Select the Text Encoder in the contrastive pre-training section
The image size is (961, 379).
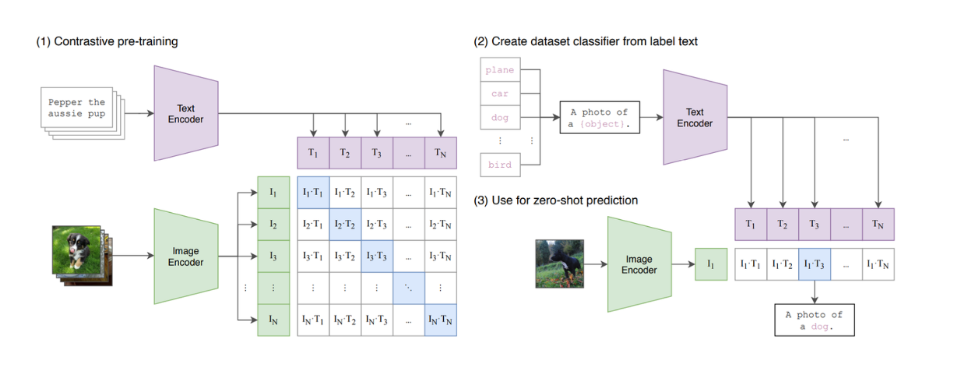click(185, 114)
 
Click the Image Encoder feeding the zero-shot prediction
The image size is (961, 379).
click(639, 264)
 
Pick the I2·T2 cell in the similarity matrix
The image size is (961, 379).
click(345, 224)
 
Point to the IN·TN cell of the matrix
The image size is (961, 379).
click(440, 319)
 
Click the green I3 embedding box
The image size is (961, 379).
click(273, 256)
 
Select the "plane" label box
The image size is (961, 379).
click(500, 70)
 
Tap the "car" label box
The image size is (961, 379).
click(500, 94)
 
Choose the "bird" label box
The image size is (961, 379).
click(500, 165)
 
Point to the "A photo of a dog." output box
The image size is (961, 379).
click(814, 321)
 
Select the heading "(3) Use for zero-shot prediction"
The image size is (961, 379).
click(556, 200)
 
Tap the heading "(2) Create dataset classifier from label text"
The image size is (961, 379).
click(586, 41)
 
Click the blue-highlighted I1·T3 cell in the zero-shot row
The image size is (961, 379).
click(815, 264)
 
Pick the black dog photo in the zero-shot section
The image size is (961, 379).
click(559, 264)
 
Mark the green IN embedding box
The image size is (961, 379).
click(273, 319)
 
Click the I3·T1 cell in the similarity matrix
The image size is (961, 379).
click(313, 256)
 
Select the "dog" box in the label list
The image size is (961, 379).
click(500, 118)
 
